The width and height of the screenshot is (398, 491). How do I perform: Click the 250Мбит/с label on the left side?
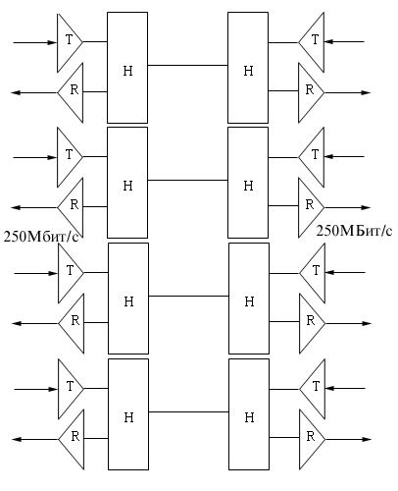41,237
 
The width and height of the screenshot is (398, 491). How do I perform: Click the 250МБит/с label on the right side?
354,231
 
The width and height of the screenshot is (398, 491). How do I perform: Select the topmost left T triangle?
70,42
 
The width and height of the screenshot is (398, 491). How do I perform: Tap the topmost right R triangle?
311,93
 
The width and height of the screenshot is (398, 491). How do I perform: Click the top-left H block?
127,68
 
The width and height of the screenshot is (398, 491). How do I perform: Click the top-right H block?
248,68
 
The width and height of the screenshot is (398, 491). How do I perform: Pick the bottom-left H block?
128,414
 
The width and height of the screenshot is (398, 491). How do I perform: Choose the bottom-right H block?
249,414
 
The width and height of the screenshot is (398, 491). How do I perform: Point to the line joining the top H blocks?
188,66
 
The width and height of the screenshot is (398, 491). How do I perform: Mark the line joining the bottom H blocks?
188,411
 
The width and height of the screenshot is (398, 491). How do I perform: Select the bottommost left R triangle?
72,440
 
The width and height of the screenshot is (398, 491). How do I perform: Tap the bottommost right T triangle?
313,389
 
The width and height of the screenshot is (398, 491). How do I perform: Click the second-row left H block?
127,183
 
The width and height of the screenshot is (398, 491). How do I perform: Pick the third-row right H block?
249,299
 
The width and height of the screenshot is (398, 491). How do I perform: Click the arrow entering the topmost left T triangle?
35,42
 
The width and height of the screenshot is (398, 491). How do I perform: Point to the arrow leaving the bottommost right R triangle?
348,439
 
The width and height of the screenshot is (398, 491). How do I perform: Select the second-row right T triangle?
312,157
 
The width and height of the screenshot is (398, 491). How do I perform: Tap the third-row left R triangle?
72,323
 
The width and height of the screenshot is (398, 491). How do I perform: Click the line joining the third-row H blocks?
188,297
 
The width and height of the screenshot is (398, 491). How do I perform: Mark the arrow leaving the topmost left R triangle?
34,92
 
